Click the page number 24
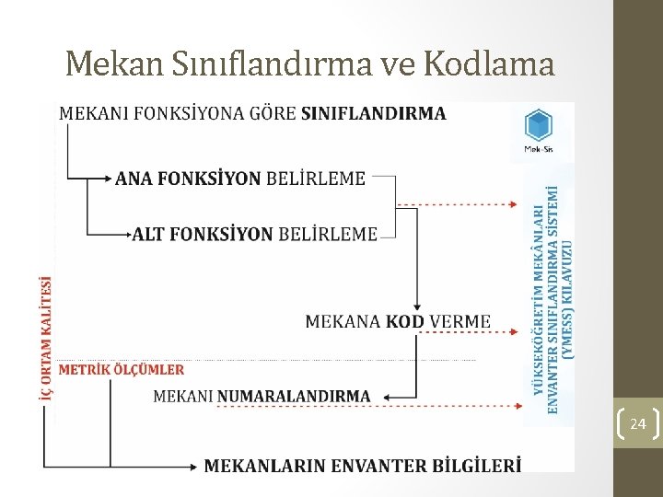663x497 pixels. [x=637, y=423]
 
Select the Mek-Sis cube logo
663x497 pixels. [x=538, y=125]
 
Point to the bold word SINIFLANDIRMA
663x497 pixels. [x=374, y=114]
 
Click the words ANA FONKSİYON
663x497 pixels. [x=188, y=179]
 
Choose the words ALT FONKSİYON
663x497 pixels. [x=203, y=234]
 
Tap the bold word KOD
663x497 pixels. [x=405, y=321]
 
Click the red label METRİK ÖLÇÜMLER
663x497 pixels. [x=122, y=369]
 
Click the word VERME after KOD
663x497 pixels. [x=460, y=321]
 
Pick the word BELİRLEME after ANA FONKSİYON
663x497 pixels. [x=316, y=179]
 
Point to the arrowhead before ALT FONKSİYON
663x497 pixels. [x=128, y=235]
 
